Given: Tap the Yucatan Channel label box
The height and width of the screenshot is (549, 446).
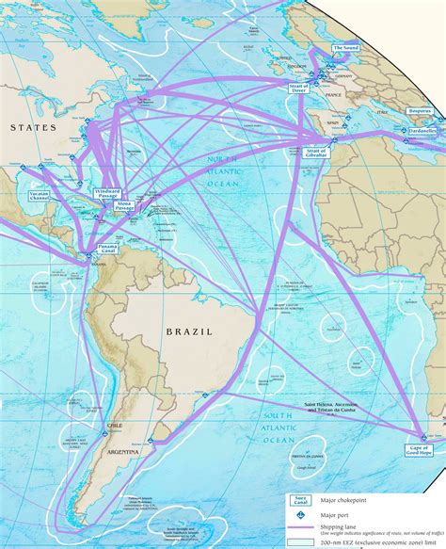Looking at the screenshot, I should [x=40, y=197].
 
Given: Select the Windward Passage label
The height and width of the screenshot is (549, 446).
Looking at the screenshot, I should [x=107, y=192].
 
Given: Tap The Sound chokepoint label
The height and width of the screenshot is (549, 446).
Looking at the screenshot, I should [x=345, y=47].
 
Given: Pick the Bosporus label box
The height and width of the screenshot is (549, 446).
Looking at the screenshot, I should [x=420, y=111].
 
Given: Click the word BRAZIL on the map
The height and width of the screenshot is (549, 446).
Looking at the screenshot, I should [x=190, y=331].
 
